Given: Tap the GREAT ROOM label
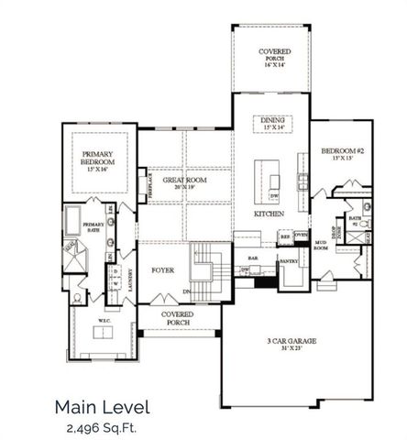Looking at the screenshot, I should point(184,181).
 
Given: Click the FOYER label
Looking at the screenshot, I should point(161,270).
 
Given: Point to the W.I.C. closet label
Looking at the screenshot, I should point(104,320).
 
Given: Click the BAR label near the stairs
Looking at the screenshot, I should point(253,259).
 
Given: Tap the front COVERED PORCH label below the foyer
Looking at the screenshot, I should point(178,316).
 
